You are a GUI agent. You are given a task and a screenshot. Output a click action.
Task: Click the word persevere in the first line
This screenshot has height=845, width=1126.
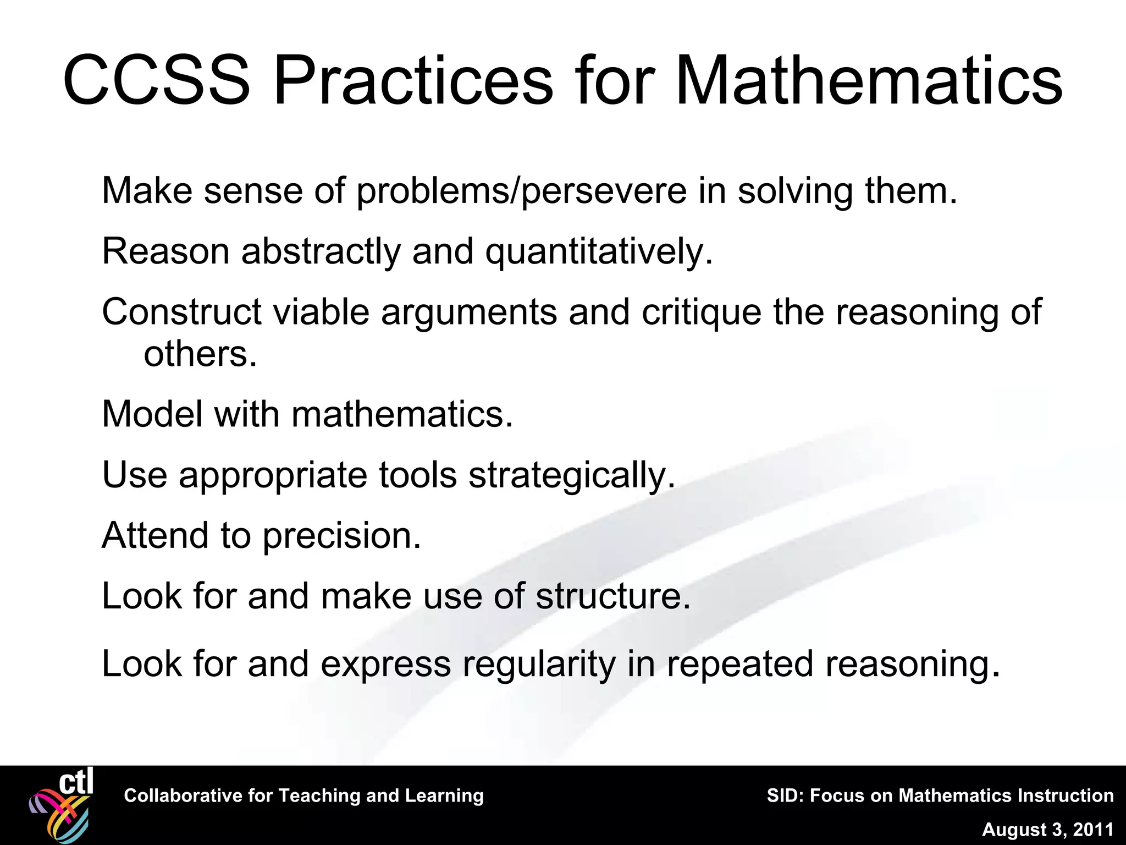tap(604, 191)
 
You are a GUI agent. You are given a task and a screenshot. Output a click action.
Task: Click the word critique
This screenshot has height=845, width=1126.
tap(702, 312)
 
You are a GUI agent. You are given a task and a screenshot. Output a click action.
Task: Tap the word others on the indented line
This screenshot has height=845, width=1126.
tap(200, 354)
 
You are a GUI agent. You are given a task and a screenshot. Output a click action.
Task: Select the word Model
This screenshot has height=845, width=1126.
tap(152, 414)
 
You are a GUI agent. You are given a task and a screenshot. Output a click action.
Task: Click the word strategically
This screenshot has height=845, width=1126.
tap(571, 476)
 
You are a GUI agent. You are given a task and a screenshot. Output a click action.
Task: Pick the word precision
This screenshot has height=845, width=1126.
tap(341, 536)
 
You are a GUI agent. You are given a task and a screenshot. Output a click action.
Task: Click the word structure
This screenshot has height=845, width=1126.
tap(612, 596)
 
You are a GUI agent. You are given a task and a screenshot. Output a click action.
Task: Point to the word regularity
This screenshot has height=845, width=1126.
tap(539, 665)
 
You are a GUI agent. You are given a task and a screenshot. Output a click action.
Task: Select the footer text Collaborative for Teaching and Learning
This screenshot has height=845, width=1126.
tap(303, 796)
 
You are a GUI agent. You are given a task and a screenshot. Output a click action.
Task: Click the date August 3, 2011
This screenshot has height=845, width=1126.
tap(1047, 830)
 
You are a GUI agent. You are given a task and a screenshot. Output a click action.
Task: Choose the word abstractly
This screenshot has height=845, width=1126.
tap(321, 253)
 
